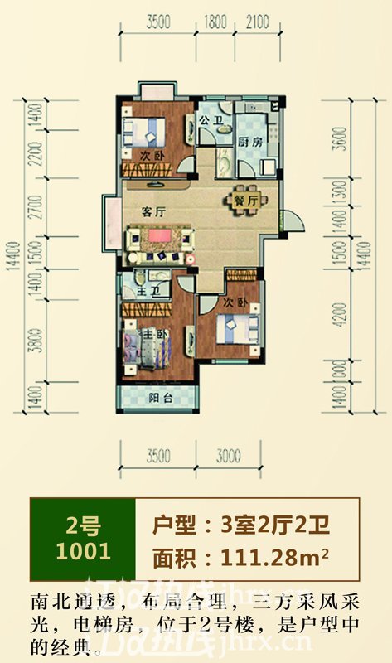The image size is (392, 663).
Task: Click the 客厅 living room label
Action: [150, 212]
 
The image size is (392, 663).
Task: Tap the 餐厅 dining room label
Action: [243, 200]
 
